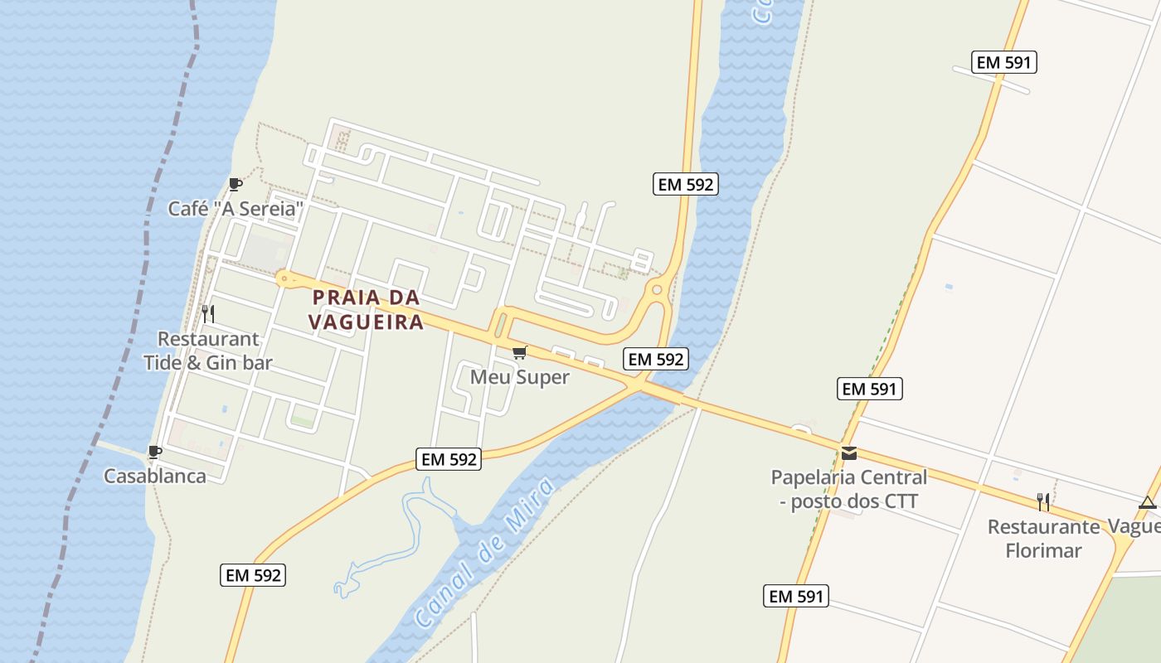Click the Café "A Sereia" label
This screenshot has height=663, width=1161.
click(232, 209)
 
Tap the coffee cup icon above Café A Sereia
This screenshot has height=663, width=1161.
click(236, 184)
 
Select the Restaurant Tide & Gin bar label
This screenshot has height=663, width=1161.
click(208, 351)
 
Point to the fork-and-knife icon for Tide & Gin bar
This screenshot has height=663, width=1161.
click(208, 313)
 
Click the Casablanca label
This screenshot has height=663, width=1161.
click(154, 476)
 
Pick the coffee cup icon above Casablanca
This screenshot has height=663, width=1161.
click(154, 452)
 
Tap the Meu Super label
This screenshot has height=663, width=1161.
click(520, 377)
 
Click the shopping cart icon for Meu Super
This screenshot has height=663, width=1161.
click(520, 353)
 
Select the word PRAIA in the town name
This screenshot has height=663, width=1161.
click(347, 298)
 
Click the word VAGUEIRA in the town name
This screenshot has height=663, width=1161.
click(367, 322)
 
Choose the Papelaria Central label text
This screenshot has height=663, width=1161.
click(849, 477)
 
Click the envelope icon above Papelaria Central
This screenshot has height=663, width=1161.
click(849, 453)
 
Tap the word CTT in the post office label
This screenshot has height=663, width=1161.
click(901, 501)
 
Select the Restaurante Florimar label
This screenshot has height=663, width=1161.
click(1043, 539)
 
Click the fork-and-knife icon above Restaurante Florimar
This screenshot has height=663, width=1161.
click(1043, 501)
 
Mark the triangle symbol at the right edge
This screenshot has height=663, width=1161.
click(1148, 502)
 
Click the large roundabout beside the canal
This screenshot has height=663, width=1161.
click(658, 289)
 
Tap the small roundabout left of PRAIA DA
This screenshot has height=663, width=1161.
click(284, 278)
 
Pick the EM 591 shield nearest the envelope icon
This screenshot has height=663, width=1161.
click(870, 389)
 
